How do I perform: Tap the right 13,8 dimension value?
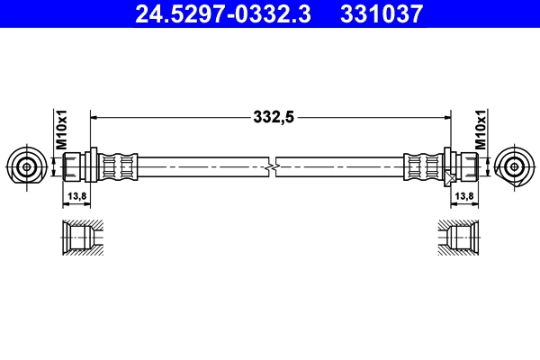pos(464,195)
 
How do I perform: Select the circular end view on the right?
pos(515,166)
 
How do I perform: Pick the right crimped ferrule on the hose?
pos(422,166)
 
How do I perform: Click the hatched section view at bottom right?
pos(461,238)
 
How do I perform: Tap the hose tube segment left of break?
pos(202,166)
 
